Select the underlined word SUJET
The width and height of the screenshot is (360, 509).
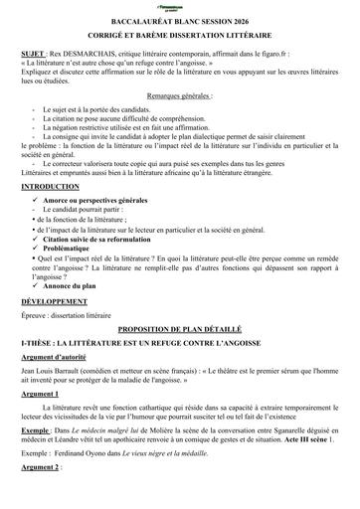[x=33, y=50]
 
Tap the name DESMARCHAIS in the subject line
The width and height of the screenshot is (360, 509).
[x=94, y=50]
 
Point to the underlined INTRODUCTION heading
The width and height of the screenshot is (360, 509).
[x=52, y=186]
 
